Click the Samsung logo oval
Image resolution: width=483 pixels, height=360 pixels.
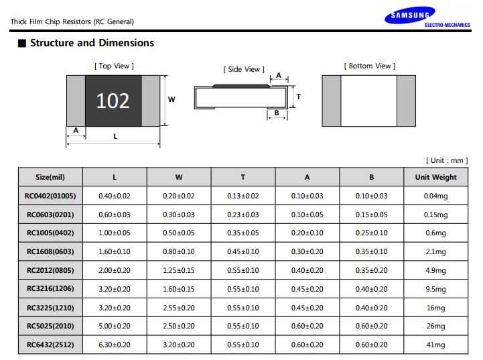(410, 15)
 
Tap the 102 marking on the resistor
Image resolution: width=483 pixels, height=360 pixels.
(113, 101)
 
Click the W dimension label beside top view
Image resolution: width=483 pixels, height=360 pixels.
(171, 99)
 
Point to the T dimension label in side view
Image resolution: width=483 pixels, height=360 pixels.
(299, 97)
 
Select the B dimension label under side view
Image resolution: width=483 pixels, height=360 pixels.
(277, 113)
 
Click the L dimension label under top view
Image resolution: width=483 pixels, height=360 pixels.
(115, 136)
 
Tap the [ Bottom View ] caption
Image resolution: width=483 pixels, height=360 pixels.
(370, 66)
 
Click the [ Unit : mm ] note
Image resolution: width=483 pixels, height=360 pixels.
(447, 160)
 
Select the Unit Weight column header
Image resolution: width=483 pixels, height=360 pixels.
(436, 177)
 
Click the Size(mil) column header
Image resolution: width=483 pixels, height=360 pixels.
(50, 177)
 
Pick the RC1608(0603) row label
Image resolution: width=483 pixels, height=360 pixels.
(50, 251)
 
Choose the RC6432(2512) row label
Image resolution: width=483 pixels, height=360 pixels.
(50, 345)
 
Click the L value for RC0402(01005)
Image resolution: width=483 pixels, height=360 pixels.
(115, 196)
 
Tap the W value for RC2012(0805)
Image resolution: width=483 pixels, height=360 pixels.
(179, 270)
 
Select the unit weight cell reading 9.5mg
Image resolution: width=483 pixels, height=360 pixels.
(436, 289)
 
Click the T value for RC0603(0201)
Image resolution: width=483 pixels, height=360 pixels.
(243, 215)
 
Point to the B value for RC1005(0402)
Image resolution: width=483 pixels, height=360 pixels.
(372, 233)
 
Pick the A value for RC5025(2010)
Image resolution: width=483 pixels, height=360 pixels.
(307, 326)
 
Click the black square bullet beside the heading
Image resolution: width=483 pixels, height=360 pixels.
(22, 43)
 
